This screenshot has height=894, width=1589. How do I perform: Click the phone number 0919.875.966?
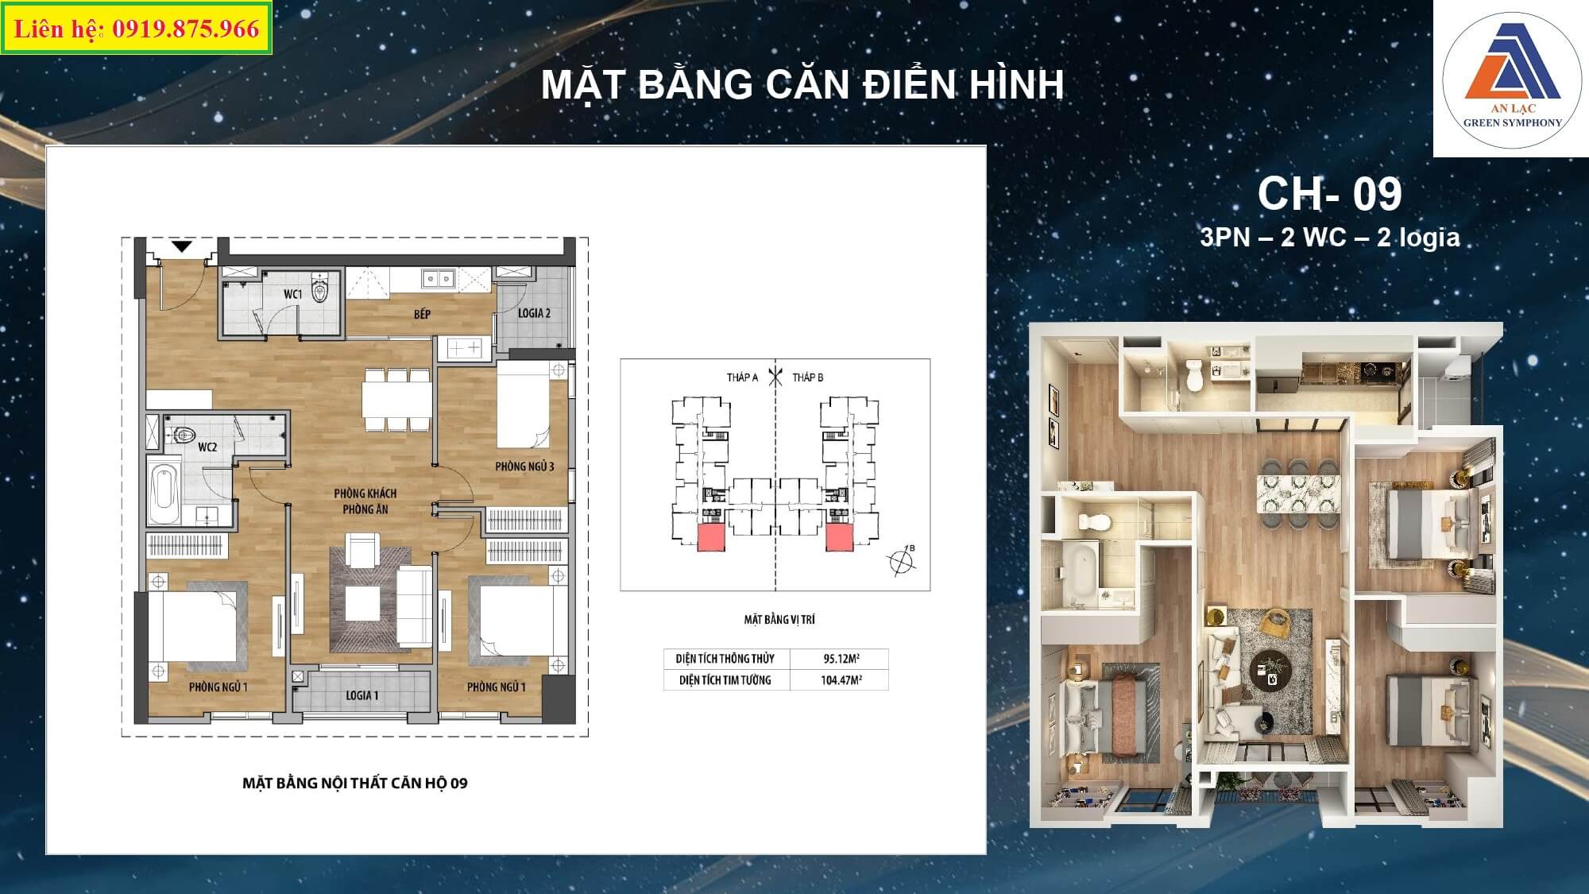186,29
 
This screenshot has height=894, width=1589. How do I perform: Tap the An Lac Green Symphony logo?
1512,79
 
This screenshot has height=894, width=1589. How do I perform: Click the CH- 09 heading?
1330,193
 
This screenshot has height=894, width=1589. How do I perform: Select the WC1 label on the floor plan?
293,294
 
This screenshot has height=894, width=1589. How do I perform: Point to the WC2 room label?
207,447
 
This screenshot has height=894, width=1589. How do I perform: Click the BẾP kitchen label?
422,314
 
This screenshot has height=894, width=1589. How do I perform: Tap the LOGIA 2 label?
534,313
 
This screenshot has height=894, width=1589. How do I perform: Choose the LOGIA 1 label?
362,695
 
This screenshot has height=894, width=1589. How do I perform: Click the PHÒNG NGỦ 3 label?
524,466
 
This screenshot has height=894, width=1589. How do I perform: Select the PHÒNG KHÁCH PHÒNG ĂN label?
365,501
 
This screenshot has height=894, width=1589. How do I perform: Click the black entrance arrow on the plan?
182,247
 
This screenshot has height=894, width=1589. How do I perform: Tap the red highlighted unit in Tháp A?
711,537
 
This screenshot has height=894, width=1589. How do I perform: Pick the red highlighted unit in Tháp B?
839,537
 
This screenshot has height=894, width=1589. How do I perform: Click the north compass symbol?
902,561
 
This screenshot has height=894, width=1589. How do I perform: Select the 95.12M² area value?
841,659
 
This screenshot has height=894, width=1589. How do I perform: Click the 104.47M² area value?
841,680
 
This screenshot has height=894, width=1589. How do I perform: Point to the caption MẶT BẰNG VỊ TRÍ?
779,619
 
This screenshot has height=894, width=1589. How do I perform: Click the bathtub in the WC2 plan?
164,490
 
